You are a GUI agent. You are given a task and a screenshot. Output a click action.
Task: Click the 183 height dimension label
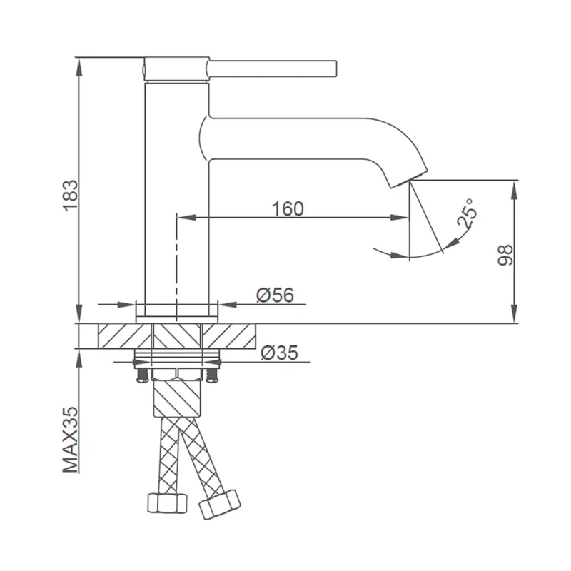click(70, 196)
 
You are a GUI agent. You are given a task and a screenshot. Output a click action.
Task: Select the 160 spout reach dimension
click(288, 209)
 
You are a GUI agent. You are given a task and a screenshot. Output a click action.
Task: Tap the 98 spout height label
click(505, 256)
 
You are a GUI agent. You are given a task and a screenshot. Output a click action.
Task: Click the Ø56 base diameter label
click(275, 295)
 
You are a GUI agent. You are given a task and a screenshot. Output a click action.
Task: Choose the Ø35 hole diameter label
click(279, 353)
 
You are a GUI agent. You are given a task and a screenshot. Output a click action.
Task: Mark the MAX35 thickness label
click(70, 440)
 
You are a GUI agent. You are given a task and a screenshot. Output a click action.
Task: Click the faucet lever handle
click(272, 68)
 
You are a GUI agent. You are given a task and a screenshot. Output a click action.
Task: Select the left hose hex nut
click(167, 503)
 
